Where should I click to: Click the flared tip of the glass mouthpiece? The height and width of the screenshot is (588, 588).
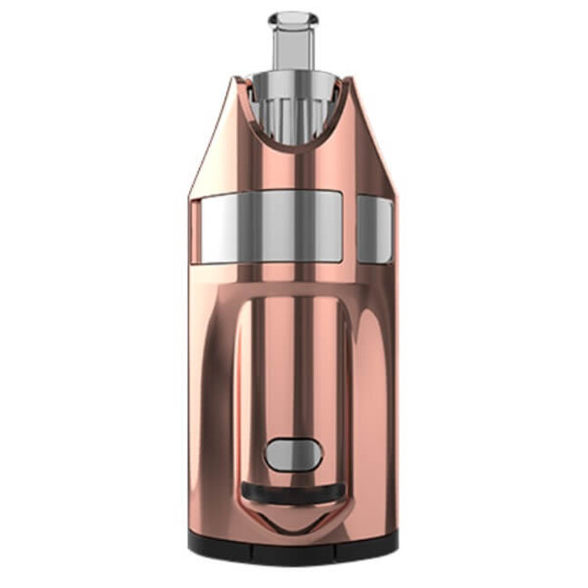(293, 18)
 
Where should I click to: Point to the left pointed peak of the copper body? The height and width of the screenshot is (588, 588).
(239, 81)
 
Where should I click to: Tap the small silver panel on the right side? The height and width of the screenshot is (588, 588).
(375, 230)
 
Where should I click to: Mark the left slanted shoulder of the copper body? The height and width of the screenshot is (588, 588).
(215, 136)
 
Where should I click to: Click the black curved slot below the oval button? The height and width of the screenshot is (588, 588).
(293, 492)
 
